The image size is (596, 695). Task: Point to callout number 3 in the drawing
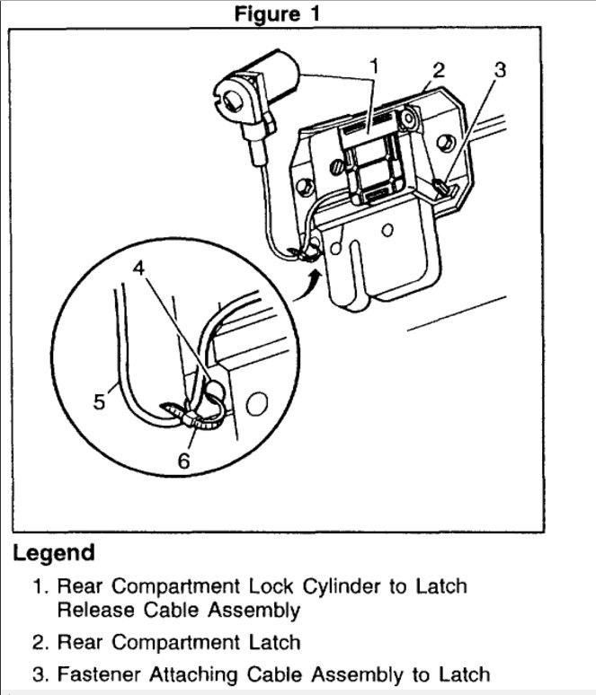[501, 70]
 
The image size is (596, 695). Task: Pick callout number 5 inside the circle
[100, 401]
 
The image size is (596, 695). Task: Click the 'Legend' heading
[53, 552]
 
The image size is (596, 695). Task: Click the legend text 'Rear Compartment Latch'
[179, 642]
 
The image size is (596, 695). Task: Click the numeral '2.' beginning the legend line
[40, 642]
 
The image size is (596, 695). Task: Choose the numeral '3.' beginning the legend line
[40, 673]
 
